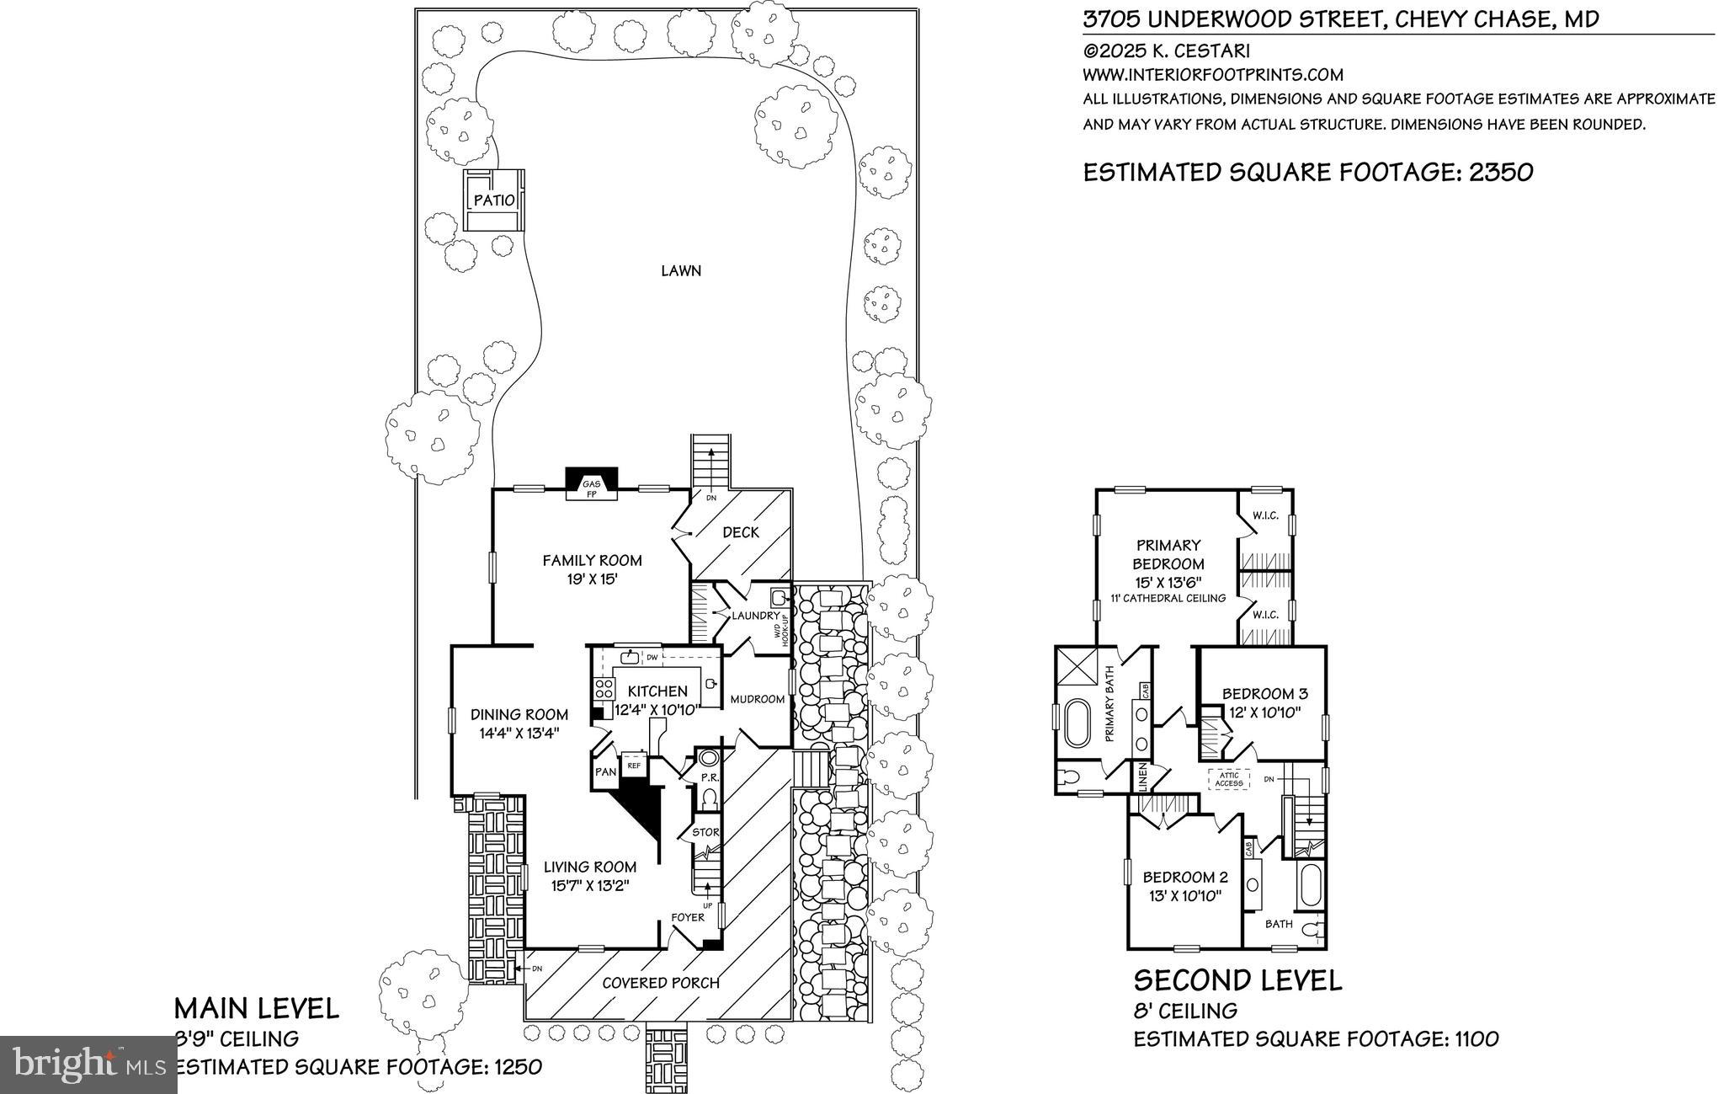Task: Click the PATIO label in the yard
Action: (x=494, y=200)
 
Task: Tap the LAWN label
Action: (x=681, y=271)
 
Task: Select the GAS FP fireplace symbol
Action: (x=592, y=487)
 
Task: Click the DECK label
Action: (x=741, y=532)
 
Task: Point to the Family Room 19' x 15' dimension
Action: (x=592, y=579)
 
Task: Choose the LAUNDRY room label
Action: (x=756, y=616)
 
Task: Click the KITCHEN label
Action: (x=657, y=691)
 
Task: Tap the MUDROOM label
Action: (x=758, y=699)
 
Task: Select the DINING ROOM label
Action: (x=519, y=715)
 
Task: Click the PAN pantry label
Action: (x=605, y=771)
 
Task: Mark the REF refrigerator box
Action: (x=634, y=766)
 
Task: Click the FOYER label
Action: (x=688, y=917)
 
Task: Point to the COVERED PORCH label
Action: (x=661, y=982)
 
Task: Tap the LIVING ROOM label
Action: (x=589, y=867)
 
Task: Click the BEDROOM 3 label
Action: (x=1264, y=694)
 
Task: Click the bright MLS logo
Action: (x=88, y=1065)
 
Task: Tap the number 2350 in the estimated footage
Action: (x=1501, y=173)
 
